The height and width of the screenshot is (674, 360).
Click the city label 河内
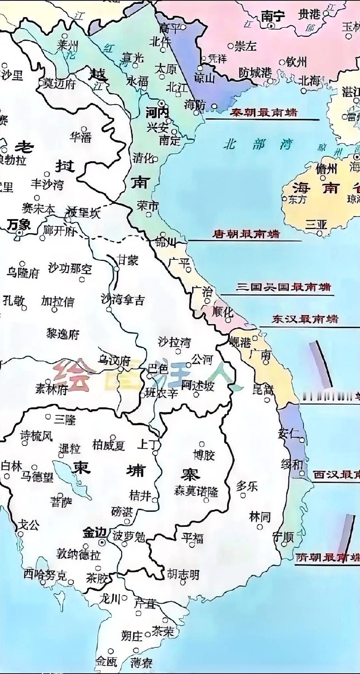tap(157, 113)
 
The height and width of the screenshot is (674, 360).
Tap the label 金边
tap(94, 533)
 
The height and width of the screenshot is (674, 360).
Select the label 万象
tap(18, 224)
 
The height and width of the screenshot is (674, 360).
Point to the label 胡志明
tap(183, 574)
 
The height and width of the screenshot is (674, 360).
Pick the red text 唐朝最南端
tap(245, 234)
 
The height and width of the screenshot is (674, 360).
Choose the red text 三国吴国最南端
tap(283, 287)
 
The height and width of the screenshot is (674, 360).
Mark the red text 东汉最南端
tap(304, 319)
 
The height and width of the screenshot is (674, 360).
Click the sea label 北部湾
tap(258, 145)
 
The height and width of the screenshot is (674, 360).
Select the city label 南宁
tap(272, 16)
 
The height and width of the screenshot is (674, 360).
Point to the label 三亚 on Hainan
tap(316, 224)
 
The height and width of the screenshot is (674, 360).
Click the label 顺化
tap(222, 312)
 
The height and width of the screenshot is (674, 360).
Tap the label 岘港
tap(240, 342)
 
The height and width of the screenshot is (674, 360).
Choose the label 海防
tap(195, 105)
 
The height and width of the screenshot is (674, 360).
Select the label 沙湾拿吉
tap(123, 300)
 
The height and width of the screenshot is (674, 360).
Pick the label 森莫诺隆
tap(196, 491)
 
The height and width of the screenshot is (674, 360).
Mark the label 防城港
tap(255, 72)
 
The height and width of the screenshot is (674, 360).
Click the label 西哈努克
tap(45, 574)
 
